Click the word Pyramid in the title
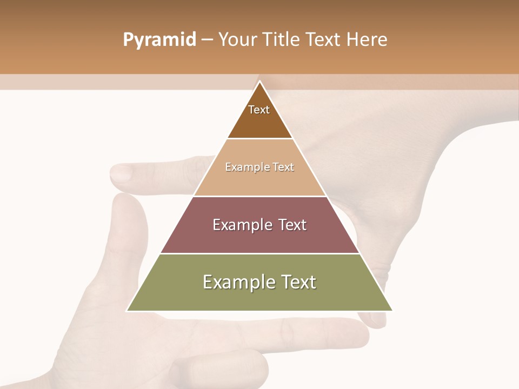159,40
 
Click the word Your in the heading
237,40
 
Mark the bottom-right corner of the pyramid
392,311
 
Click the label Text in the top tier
259,110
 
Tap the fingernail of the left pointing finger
121,173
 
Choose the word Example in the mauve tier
239,225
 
